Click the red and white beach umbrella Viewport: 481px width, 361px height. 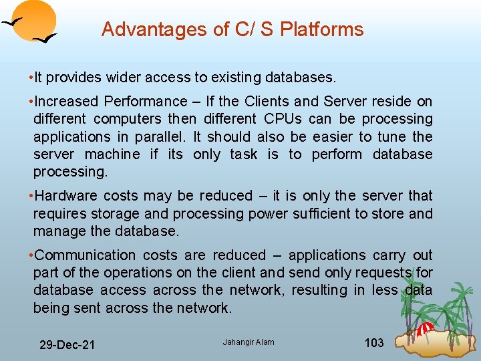coord(425,329)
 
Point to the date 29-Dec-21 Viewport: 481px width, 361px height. coord(67,345)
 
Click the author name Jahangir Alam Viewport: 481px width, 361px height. coord(249,343)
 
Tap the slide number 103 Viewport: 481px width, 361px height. coord(374,343)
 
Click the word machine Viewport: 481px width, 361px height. coord(113,154)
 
